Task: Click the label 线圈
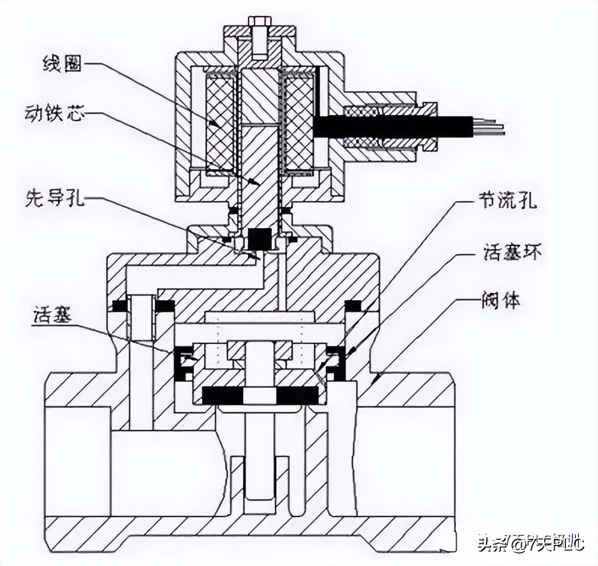61,65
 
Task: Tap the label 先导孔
55,199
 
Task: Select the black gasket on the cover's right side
353,306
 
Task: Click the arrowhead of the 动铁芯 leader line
256,184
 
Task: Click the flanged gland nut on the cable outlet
429,126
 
